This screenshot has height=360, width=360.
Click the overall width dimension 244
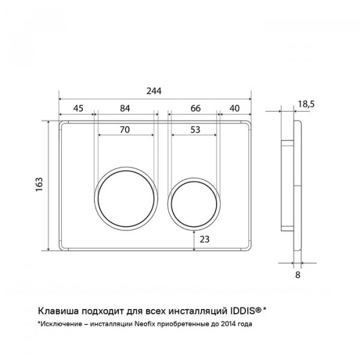pos(154,91)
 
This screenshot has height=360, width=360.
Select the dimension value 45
pos(78,108)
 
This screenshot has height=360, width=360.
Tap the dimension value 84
pos(125,108)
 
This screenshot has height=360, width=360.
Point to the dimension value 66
pos(196,108)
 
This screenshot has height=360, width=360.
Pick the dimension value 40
pos(235,108)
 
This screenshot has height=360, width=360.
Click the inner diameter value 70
pos(125,130)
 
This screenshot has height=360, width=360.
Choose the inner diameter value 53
pos(196,130)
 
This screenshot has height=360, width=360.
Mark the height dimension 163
pos(39,184)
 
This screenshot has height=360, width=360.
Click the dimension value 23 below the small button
pos(205,239)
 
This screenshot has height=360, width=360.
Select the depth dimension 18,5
pos(306,104)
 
